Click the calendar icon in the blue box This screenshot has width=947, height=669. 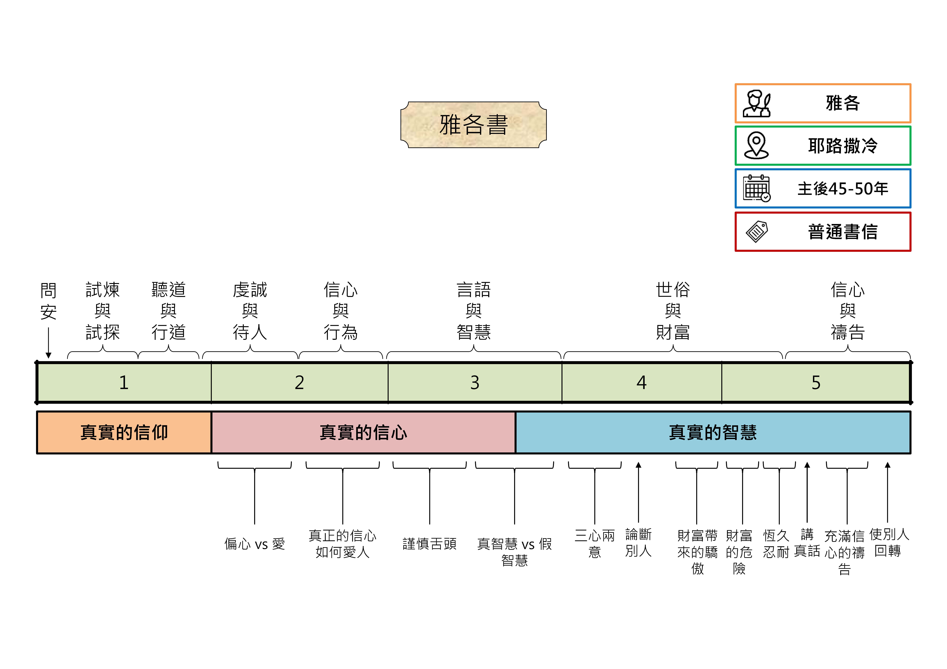pyautogui.click(x=756, y=188)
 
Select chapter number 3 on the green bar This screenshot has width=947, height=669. pyautogui.click(x=475, y=383)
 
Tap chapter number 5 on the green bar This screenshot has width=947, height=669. pyautogui.click(x=816, y=383)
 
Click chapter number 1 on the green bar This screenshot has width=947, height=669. pyautogui.click(x=124, y=383)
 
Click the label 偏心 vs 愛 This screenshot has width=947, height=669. pyautogui.click(x=254, y=544)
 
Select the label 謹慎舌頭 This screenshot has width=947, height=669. pyautogui.click(x=429, y=544)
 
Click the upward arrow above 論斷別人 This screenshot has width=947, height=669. pyautogui.click(x=638, y=493)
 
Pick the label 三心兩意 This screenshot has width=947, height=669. pyautogui.click(x=594, y=543)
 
